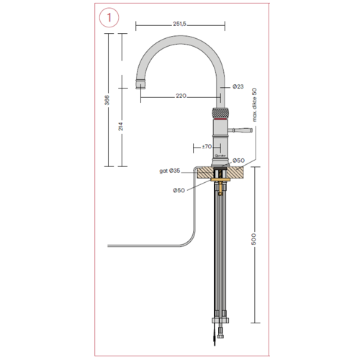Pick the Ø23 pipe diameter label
pos(238,86)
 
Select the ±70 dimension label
pos(206,147)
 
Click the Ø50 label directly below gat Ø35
pos(178,189)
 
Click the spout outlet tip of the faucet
pos(140,86)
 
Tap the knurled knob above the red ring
pos(217,113)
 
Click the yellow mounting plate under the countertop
pos(218,181)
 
